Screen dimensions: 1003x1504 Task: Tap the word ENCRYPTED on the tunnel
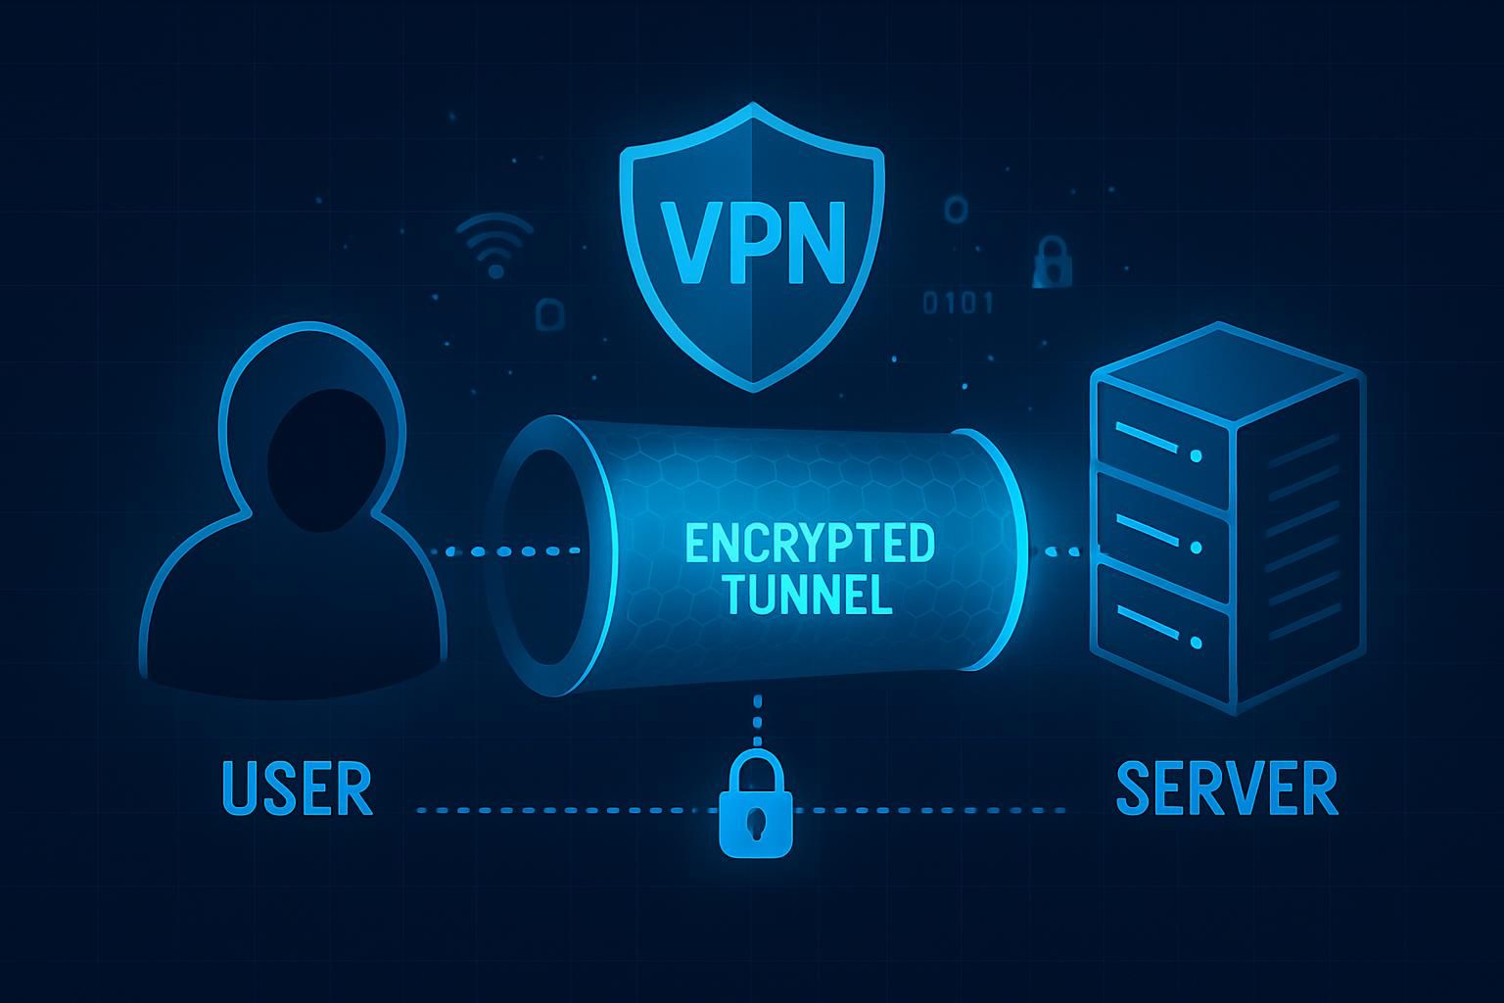click(810, 545)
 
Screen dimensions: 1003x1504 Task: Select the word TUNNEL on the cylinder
click(810, 595)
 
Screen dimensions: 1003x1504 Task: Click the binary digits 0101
click(959, 303)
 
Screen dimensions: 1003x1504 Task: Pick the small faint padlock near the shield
click(1052, 263)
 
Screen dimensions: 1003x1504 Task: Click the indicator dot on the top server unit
click(1196, 455)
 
